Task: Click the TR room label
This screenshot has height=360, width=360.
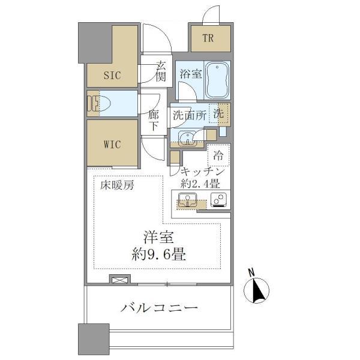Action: (x=208, y=40)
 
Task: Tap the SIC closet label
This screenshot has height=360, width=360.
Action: (x=112, y=76)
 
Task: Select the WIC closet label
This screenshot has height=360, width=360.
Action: (x=112, y=145)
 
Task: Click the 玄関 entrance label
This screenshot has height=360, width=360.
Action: (x=160, y=71)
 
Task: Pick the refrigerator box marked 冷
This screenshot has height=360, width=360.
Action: (x=218, y=155)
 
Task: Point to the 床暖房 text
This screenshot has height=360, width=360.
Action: (x=117, y=185)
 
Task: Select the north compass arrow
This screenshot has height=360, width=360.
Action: (x=257, y=290)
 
